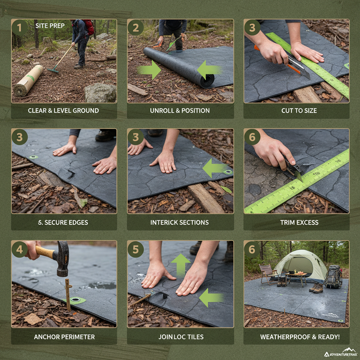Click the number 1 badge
tap(20, 27)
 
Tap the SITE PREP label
tap(50, 26)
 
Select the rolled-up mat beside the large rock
tap(28, 81)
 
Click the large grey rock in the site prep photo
tap(100, 93)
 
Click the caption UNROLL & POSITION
tap(180, 111)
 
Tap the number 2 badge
tap(136, 27)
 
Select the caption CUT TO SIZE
tap(299, 111)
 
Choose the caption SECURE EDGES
tap(64, 223)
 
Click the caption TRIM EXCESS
tap(299, 223)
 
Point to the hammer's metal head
tap(63, 258)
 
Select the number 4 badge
tap(20, 249)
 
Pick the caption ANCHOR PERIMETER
tap(64, 337)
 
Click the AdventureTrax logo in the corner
tap(340, 353)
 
